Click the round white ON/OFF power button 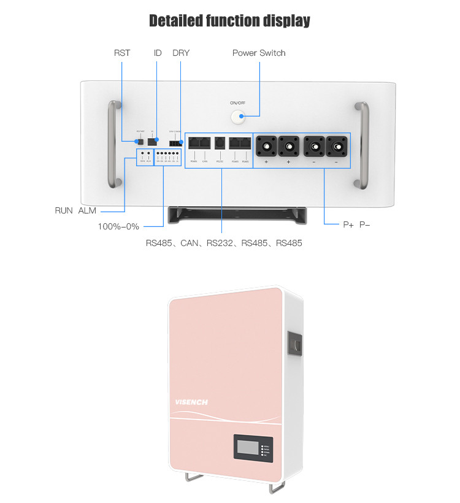[237, 117]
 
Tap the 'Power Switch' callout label [259, 53]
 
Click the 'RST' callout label [122, 53]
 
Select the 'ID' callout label [158, 53]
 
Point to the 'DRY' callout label [181, 53]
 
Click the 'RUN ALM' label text [75, 210]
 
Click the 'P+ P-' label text [356, 225]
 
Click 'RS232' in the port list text [220, 243]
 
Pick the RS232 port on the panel [220, 144]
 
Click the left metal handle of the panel [112, 144]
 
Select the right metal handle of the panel [363, 144]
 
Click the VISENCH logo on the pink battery [191, 402]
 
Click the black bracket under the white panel [230, 215]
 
